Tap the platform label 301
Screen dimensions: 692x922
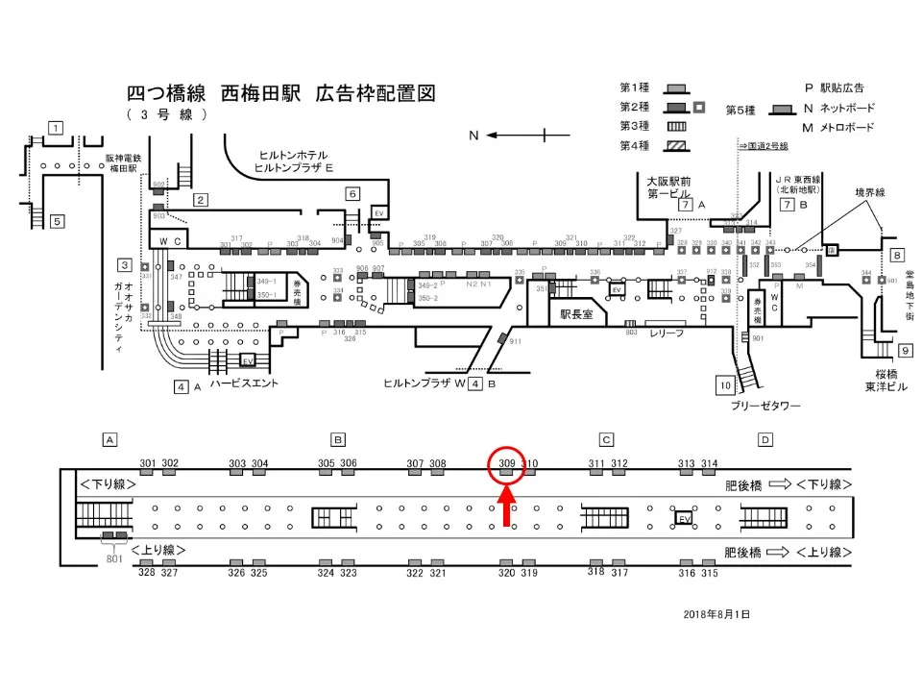[x=147, y=463]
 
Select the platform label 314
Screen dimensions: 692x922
[x=709, y=463]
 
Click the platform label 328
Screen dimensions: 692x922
[x=147, y=573]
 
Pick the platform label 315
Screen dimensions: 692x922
[x=709, y=573]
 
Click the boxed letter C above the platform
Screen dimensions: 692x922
[x=606, y=440]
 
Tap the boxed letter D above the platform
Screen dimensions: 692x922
[x=765, y=440]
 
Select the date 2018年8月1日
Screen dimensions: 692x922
[x=716, y=613]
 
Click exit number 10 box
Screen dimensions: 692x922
[x=726, y=386]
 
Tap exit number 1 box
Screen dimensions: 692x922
[x=57, y=128]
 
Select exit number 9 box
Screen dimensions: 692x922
[x=906, y=351]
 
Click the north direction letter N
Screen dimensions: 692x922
[x=473, y=136]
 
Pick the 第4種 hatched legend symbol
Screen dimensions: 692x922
[x=676, y=146]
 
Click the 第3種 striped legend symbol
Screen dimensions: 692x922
[x=676, y=126]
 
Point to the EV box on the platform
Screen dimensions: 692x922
[x=685, y=518]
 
